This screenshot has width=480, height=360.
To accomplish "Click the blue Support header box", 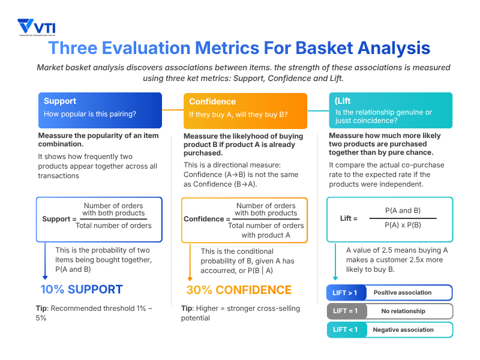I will pyautogui.click(x=100, y=110).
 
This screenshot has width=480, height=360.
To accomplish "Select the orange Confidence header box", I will pyautogui.click(x=245, y=110).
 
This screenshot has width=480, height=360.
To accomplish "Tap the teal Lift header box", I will pyautogui.click(x=391, y=110).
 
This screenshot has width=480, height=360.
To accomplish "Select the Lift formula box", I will pyautogui.click(x=391, y=218).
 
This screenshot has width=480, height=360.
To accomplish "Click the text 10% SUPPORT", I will pyautogui.click(x=81, y=290).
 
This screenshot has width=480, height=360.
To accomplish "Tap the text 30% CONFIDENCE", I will pyautogui.click(x=239, y=290).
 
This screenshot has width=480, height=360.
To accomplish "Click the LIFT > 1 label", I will pyautogui.click(x=345, y=293).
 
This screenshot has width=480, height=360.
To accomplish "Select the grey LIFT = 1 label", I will pyautogui.click(x=345, y=311).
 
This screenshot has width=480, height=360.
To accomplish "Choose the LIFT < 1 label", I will pyautogui.click(x=345, y=330).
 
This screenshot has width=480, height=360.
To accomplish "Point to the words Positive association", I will pyautogui.click(x=402, y=293).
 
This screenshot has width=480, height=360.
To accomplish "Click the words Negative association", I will pyautogui.click(x=403, y=330).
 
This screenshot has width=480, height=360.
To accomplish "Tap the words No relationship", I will pyautogui.click(x=403, y=311).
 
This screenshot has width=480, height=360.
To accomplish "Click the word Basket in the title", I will pyautogui.click(x=328, y=48).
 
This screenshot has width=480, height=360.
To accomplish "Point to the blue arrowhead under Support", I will pyautogui.click(x=45, y=277).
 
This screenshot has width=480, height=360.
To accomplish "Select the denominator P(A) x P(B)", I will pyautogui.click(x=403, y=225).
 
